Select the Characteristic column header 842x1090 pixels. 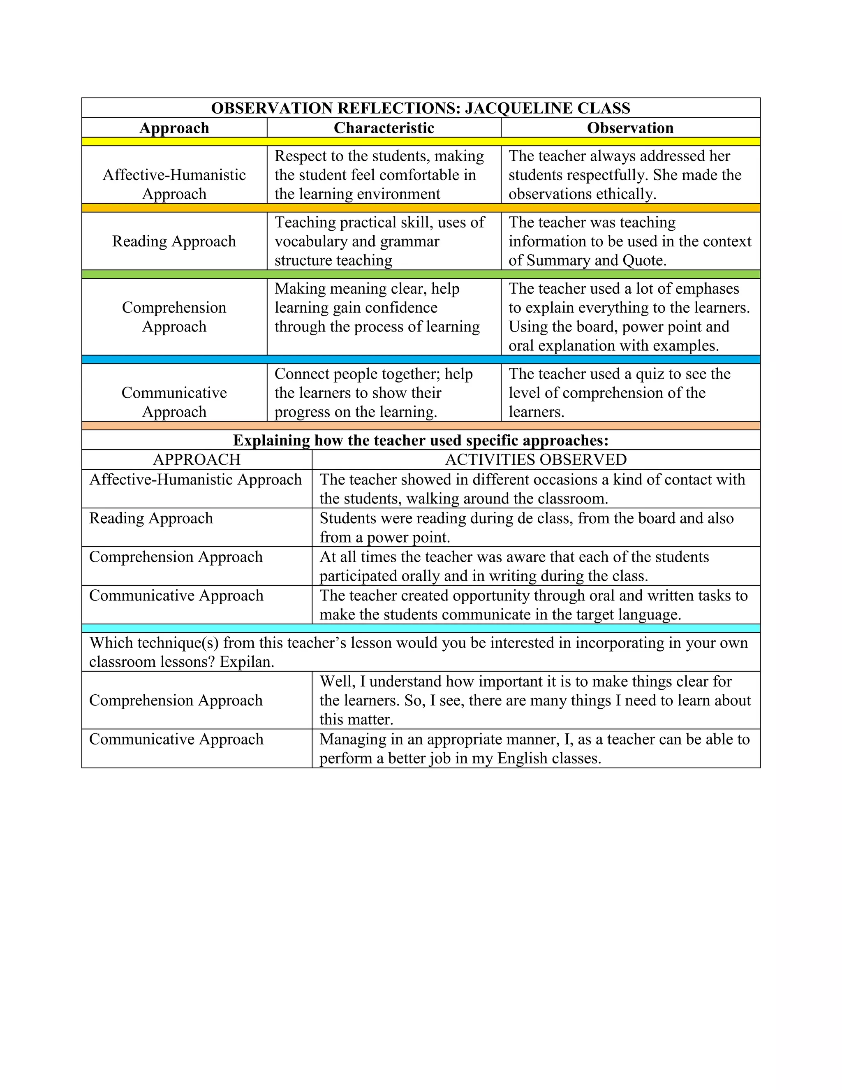tap(384, 128)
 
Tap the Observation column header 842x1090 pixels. tap(630, 128)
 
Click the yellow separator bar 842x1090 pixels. tap(421, 142)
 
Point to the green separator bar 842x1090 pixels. tap(421, 274)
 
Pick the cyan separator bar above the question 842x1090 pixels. tap(421, 628)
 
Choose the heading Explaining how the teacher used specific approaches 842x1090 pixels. tap(421, 440)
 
